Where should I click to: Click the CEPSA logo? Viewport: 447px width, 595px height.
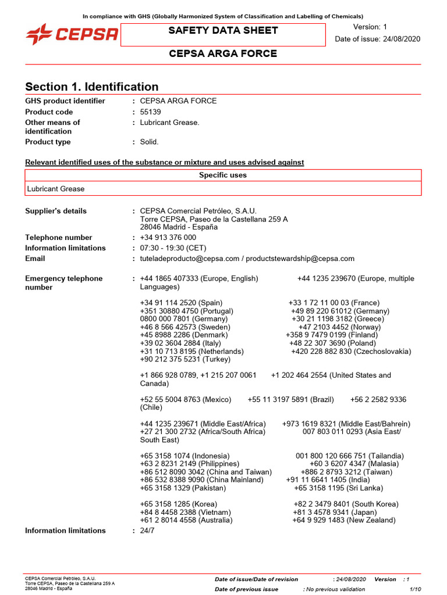[x=72, y=34]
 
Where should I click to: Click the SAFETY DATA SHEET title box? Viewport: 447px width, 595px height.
[x=223, y=31]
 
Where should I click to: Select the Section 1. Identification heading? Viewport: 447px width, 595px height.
[x=92, y=87]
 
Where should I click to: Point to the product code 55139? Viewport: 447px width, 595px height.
[x=151, y=112]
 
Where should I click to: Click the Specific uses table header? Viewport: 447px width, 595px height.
[x=223, y=175]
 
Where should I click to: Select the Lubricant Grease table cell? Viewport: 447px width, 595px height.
[x=56, y=189]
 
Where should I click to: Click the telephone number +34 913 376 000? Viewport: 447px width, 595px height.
[x=168, y=237]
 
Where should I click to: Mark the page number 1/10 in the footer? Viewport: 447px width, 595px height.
[x=415, y=589]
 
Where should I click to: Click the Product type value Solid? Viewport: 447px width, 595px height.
[x=150, y=142]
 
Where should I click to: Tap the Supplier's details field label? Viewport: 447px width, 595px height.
[x=56, y=211]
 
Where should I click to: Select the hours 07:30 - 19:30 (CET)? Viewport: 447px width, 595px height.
[x=173, y=248]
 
